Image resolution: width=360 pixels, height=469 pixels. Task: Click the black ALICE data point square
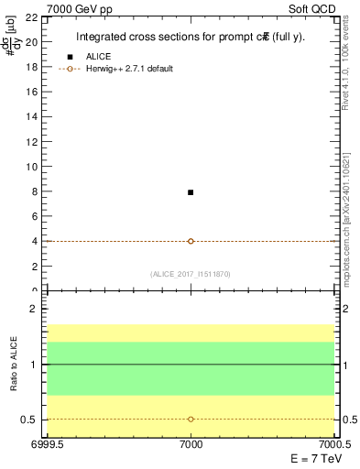[191, 192]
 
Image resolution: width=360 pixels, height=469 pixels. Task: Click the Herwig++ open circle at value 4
[191, 241]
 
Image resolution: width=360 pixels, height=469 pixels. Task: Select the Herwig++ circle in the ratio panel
[191, 419]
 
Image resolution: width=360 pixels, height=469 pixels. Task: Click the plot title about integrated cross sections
[190, 38]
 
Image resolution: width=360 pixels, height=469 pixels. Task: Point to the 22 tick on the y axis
[30, 17]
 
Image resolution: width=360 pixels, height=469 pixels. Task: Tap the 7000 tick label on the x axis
[191, 444]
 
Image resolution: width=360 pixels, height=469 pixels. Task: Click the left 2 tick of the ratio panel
[33, 310]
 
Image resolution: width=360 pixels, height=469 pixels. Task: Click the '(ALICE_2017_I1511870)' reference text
[191, 274]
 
